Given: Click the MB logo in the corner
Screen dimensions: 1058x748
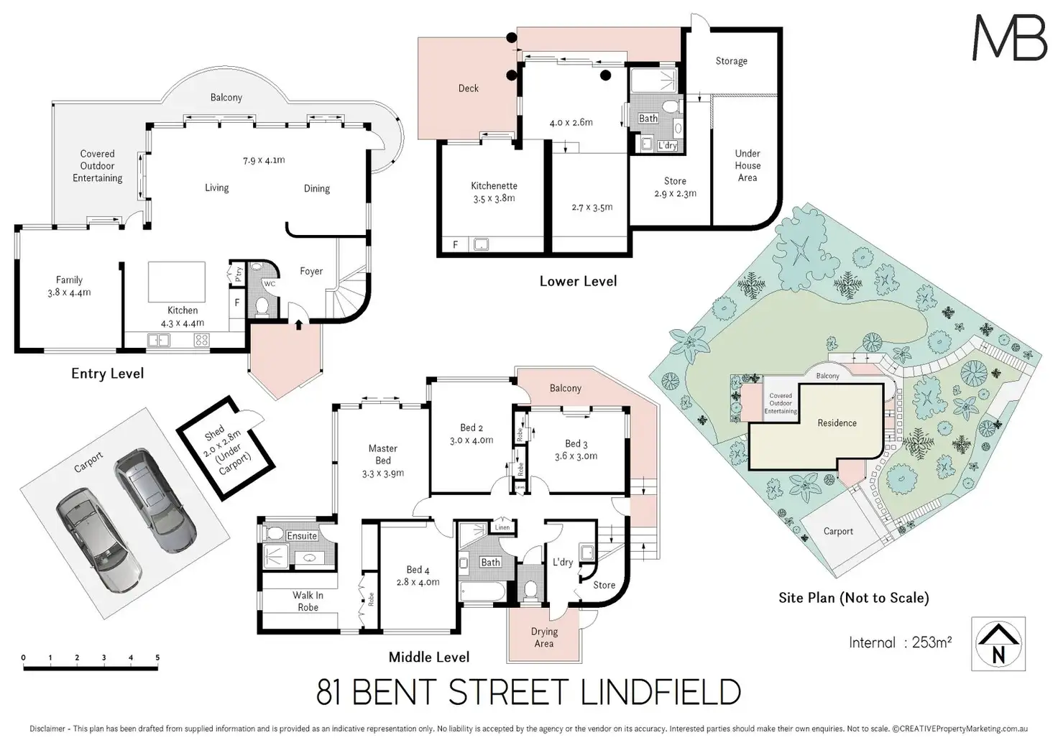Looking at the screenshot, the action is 1009,37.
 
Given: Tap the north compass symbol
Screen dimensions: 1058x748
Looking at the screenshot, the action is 998,644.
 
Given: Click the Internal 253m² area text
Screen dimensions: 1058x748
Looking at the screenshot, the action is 900,642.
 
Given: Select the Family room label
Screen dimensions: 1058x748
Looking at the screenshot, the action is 69,286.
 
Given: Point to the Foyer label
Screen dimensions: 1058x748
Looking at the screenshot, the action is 311,271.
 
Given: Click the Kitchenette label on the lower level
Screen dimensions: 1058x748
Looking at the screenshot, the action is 494,192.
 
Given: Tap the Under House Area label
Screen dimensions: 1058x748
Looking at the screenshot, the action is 747,165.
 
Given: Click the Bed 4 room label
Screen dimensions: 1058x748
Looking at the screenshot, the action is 418,576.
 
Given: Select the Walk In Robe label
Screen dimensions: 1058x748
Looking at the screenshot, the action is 308,601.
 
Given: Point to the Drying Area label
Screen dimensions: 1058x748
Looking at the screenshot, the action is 544,637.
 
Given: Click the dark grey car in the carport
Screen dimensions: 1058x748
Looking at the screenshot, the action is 155,501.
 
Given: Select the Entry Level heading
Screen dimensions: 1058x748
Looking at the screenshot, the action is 107,373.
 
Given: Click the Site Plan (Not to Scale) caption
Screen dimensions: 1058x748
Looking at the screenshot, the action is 853,597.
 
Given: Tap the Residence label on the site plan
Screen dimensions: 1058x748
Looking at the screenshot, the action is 837,423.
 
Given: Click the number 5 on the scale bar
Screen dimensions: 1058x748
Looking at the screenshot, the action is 157,657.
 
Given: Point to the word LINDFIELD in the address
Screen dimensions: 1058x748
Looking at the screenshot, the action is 660,693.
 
